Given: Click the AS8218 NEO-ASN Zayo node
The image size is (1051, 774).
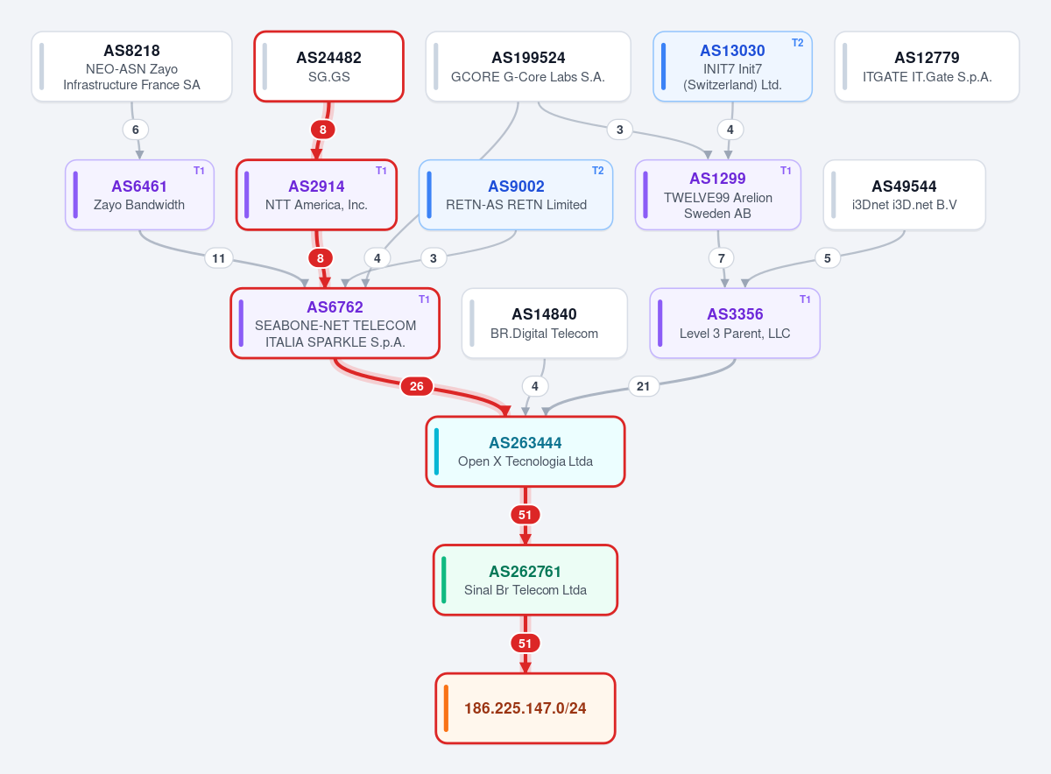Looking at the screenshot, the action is pos(132,67).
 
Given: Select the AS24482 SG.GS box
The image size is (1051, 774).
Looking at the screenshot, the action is pos(329,67).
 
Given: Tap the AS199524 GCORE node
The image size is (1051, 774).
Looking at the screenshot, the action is pos(528,67).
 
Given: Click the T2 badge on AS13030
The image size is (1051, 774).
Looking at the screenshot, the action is pos(798,43).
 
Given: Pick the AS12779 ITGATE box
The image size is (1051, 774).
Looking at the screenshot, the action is pos(927,67).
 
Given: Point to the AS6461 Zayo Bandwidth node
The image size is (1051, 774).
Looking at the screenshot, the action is pos(140,194).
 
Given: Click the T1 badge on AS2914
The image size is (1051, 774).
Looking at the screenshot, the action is pos(381,171).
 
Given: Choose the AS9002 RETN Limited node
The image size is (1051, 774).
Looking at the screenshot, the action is pos(516,194).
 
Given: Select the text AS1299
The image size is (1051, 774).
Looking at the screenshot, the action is pos(717,179).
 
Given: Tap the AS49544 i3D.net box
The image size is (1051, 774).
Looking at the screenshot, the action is pos(904,194).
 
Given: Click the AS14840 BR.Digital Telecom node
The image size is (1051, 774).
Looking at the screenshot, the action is pos(544,323).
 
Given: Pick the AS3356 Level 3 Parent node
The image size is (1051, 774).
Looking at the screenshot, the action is pos(735,323).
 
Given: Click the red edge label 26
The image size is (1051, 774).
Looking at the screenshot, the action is pos(417,386).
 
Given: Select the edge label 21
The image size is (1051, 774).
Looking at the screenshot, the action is pos(643,386).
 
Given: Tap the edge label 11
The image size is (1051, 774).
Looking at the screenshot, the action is pos(219,258).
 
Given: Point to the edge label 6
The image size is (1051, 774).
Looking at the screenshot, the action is pos(136,130).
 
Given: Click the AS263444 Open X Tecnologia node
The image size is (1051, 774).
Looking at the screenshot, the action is pos(525,451).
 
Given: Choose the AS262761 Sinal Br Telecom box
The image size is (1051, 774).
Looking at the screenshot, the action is pos(525,580).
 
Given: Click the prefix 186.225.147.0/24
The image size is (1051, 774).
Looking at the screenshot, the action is pos(525,708).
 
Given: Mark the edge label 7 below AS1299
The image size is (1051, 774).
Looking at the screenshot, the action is pos(721,258).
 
